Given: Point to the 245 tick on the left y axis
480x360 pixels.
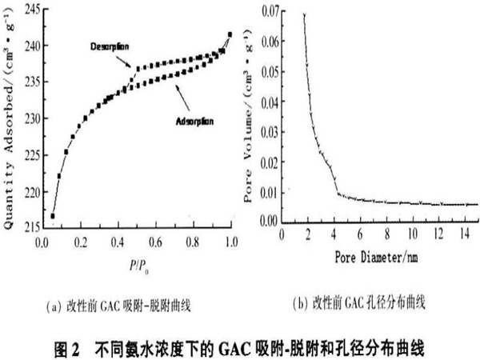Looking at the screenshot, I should [30, 9].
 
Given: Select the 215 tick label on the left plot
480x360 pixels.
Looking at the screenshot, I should [30, 229].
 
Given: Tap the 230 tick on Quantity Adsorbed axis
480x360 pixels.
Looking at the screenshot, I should [30, 119].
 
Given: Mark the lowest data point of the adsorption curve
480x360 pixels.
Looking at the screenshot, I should [52, 216].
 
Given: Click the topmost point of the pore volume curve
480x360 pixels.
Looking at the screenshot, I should [304, 14].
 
